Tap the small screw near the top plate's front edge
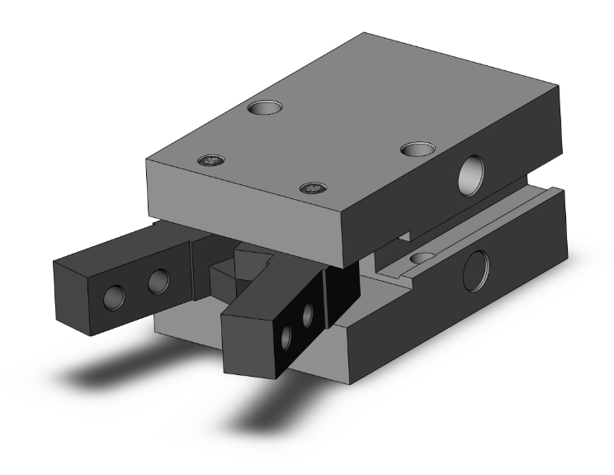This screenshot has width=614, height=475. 311,189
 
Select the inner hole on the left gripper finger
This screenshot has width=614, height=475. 157,283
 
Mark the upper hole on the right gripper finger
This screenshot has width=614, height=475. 309,313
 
